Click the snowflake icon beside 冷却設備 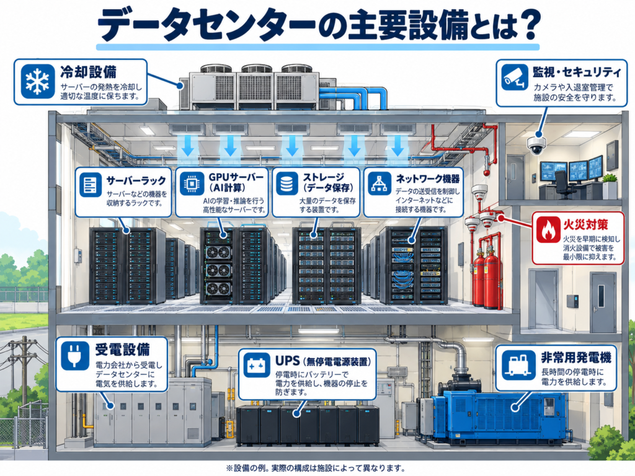tap(38, 81)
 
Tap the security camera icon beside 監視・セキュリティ tap(514, 77)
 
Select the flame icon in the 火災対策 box tap(548, 229)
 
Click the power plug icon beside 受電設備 tap(75, 355)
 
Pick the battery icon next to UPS tap(257, 364)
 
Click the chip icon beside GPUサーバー tap(192, 184)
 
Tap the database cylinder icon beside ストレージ tap(286, 183)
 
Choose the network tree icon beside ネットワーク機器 tap(379, 183)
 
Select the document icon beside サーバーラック tap(91, 185)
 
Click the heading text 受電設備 tap(123, 349)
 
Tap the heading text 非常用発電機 tap(576, 358)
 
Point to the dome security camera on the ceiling tap(536, 145)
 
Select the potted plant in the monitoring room tap(610, 186)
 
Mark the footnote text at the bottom tap(316, 468)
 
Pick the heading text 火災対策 tap(585, 224)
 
